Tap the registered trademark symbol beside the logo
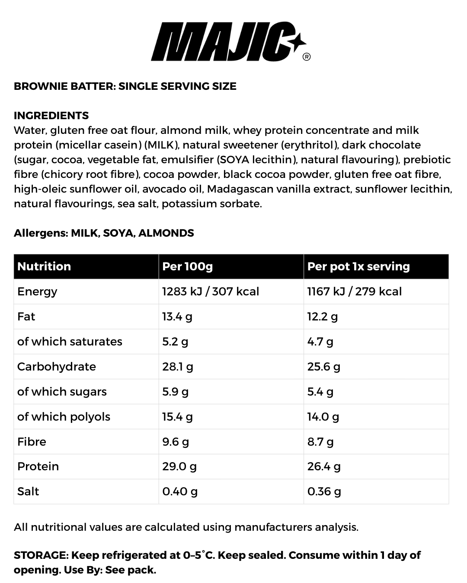(307, 57)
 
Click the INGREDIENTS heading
(51, 115)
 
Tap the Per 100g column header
(187, 266)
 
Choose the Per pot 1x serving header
(358, 266)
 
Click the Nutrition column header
(44, 266)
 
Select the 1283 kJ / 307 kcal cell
(211, 291)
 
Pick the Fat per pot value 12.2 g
(322, 317)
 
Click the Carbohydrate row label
(57, 367)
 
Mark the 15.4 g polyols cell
(177, 417)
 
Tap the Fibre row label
(32, 442)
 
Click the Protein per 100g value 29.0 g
(179, 466)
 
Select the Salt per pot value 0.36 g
(324, 491)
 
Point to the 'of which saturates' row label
(70, 342)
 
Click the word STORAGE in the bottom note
(40, 555)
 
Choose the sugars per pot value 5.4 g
(320, 392)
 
